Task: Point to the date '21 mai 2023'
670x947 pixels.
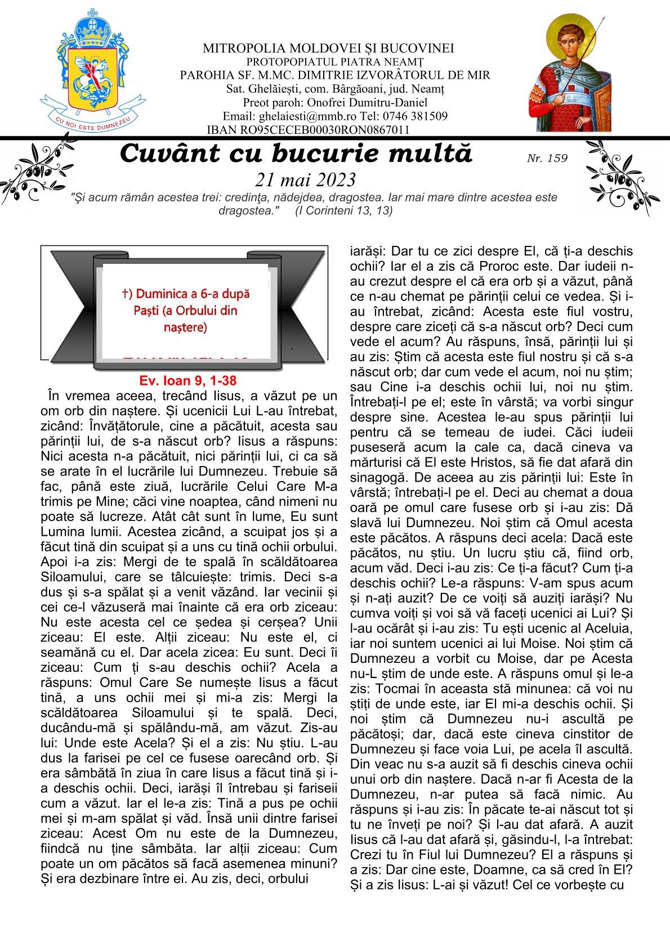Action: coord(306,179)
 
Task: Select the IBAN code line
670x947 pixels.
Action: coord(308,130)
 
